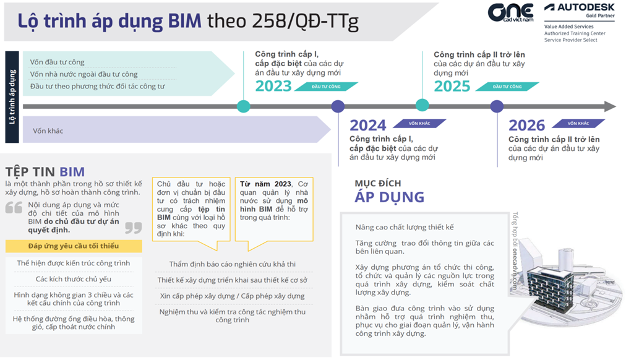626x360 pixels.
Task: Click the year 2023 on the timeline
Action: tap(273, 86)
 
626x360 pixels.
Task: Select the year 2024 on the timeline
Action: tap(367, 126)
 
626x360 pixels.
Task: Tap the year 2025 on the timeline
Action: tap(452, 86)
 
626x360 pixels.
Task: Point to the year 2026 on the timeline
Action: tap(526, 126)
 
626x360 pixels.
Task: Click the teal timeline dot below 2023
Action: tap(244, 106)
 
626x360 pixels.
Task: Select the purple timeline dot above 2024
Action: tap(338, 106)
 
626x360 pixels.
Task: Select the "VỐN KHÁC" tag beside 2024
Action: tap(421, 123)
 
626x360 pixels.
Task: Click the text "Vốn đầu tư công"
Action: tap(58, 62)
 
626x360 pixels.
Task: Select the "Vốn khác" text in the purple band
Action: tap(48, 131)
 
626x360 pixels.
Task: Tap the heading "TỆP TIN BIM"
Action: tap(45, 171)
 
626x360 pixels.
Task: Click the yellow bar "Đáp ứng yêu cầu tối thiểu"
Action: tap(74, 246)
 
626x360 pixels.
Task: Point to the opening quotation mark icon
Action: tap(14, 208)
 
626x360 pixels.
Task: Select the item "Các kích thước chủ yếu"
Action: tap(74, 279)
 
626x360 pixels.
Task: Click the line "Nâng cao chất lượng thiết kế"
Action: tap(405, 227)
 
